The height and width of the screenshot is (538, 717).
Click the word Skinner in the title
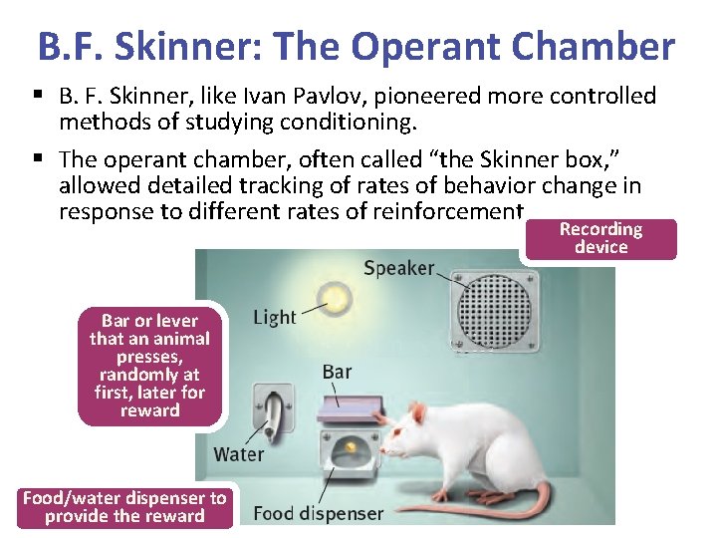pos(181,46)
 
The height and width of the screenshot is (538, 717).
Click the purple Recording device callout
pos(600,238)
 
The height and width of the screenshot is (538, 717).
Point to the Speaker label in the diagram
pos(398,267)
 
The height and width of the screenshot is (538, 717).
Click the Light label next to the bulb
pos(274,317)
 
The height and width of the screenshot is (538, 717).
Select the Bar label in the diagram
pos(337,372)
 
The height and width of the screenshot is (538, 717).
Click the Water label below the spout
pos(239,454)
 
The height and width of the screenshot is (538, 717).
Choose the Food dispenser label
pos(318,514)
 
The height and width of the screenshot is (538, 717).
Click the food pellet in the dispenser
pos(351,446)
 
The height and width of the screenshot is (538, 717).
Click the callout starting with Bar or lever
pos(149,365)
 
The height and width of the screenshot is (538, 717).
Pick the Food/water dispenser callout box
pos(124,506)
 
